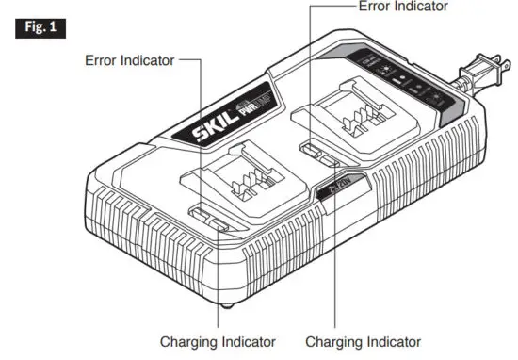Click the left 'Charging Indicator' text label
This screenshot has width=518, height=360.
(x=218, y=341)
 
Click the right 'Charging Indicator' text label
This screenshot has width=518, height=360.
(x=363, y=341)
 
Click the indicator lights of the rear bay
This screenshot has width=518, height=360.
(x=315, y=151)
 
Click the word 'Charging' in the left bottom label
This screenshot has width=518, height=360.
(x=188, y=341)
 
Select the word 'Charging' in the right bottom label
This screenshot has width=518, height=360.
(x=333, y=341)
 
